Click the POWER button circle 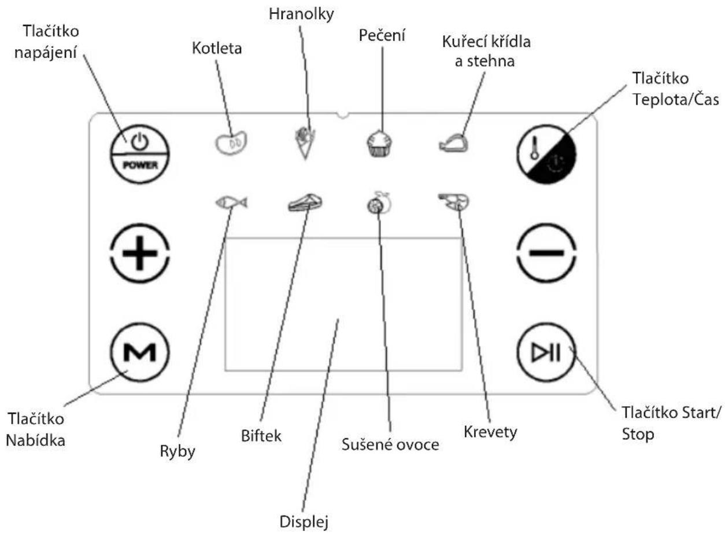[139, 155]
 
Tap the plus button [140, 253]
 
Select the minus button [546, 253]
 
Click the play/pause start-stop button [546, 352]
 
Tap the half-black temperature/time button [546, 155]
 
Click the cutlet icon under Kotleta [231, 142]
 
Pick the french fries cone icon [305, 143]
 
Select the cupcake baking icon [379, 143]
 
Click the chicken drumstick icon [454, 143]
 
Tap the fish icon [231, 203]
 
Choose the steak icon [305, 203]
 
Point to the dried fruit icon [379, 203]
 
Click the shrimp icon [454, 202]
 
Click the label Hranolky [301, 14]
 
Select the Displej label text [304, 521]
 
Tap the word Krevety [490, 432]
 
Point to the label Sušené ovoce [390, 444]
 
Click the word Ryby [177, 451]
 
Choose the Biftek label [261, 436]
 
